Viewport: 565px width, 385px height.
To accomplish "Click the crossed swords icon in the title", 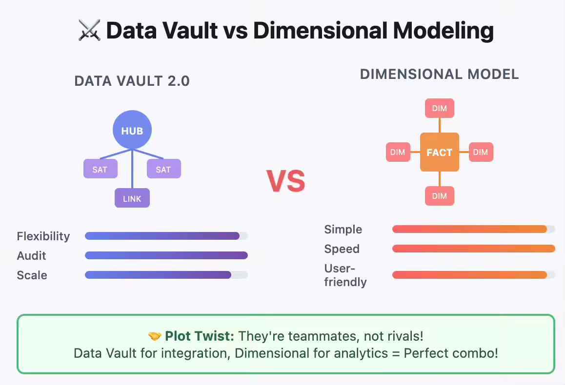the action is pos(89,31).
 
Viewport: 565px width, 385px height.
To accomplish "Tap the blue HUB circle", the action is pos(132,130).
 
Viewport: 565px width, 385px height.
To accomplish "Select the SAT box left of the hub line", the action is pos(100,169).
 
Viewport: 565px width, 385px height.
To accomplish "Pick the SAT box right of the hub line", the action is pos(163,169).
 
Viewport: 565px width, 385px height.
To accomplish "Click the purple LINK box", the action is pos(132,198).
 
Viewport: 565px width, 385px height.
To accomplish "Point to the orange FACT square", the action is pos(439,152).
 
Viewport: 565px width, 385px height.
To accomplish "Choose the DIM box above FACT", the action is pos(439,108).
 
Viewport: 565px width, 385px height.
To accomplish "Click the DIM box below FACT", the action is pos(439,196).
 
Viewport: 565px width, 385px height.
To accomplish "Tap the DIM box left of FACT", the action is pos(398,152).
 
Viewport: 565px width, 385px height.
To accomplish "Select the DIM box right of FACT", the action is pos(481,152).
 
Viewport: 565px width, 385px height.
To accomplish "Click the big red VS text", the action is pos(286,181).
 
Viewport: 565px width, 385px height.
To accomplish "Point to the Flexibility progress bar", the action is pos(166,236).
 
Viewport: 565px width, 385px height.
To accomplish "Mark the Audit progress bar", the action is pos(166,255).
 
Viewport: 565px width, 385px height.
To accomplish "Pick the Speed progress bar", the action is pos(473,249).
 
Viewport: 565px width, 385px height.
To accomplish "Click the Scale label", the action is pos(32,275).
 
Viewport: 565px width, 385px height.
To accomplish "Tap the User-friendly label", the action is pos(345,275).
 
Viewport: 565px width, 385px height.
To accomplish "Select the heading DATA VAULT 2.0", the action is pos(132,81).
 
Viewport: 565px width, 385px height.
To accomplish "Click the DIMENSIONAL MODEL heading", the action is pos(439,74).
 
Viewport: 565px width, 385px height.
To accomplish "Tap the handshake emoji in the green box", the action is pos(155,336).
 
